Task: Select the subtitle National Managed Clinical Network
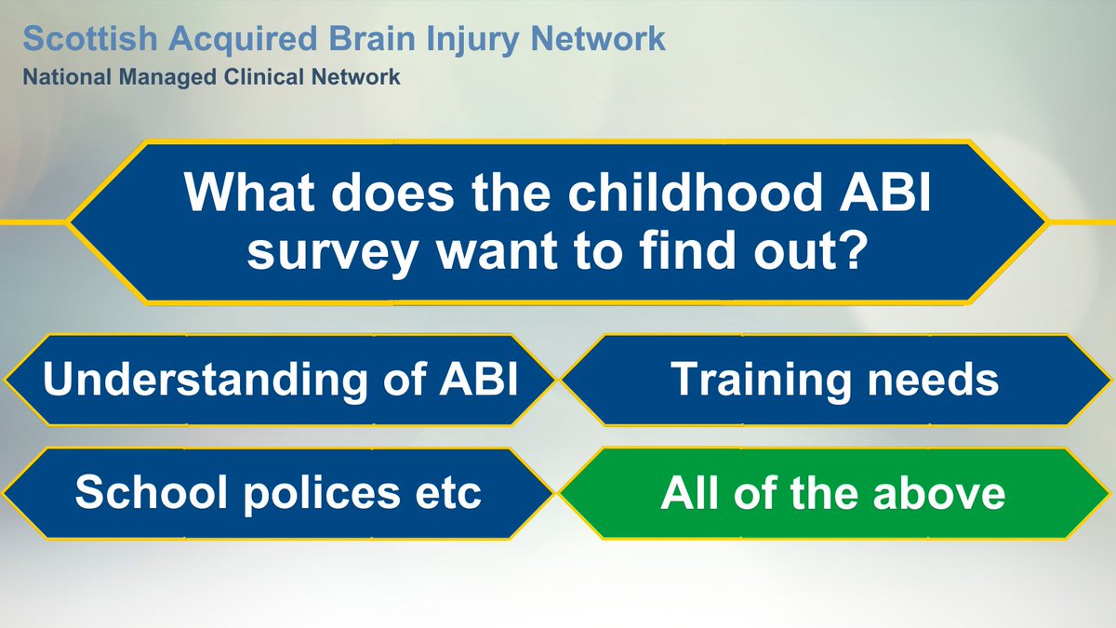212,77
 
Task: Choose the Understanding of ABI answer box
279,381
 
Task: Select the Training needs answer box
834,381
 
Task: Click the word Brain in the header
368,39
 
